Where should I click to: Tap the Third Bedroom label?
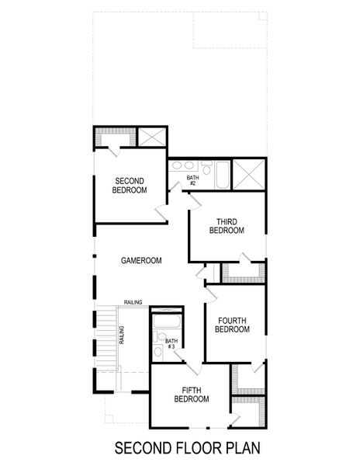227,226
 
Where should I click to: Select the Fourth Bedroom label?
232,325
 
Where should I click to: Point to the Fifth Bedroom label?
191,395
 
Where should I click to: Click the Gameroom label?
141,261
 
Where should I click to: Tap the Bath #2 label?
192,180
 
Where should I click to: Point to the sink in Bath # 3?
157,354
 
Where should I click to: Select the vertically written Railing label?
122,335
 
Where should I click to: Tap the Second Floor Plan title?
186,448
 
